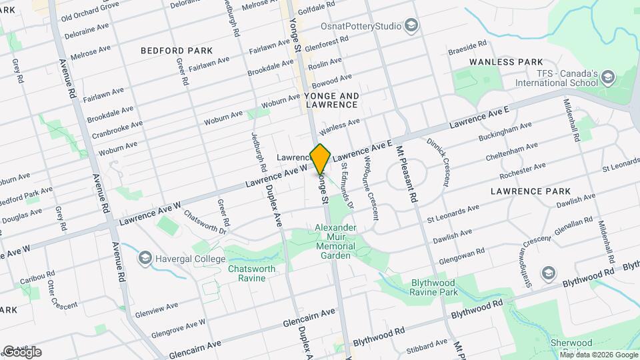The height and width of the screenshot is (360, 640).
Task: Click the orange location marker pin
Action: tap(321, 159)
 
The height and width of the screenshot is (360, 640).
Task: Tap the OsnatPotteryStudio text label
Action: tap(361, 26)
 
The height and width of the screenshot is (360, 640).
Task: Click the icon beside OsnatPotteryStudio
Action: tap(411, 26)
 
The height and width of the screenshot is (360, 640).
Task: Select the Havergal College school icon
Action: tap(145, 257)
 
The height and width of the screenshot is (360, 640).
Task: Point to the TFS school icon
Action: tap(607, 78)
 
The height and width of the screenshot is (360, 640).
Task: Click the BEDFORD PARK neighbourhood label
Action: tap(177, 51)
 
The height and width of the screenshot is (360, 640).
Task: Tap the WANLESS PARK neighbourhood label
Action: tap(506, 62)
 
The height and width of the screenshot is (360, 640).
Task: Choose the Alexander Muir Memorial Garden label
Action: tap(335, 241)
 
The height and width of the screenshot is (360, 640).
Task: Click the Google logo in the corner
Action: tap(22, 352)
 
